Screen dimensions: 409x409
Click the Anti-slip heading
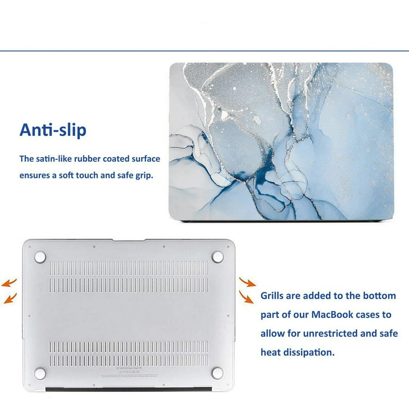tap(53, 130)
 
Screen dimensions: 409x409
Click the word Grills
tap(272, 296)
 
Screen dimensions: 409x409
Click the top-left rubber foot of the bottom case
tap(40, 257)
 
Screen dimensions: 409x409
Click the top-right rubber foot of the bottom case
tap(217, 257)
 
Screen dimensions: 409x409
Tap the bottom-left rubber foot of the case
tap(40, 373)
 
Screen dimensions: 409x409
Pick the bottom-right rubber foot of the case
tap(217, 373)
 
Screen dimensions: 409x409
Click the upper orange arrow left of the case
tap(9, 283)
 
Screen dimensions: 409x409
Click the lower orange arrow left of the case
tap(10, 298)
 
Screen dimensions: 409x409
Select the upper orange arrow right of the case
tap(247, 282)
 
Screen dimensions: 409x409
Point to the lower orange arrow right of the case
tap(246, 297)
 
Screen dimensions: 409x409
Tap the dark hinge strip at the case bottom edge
tap(128, 389)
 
